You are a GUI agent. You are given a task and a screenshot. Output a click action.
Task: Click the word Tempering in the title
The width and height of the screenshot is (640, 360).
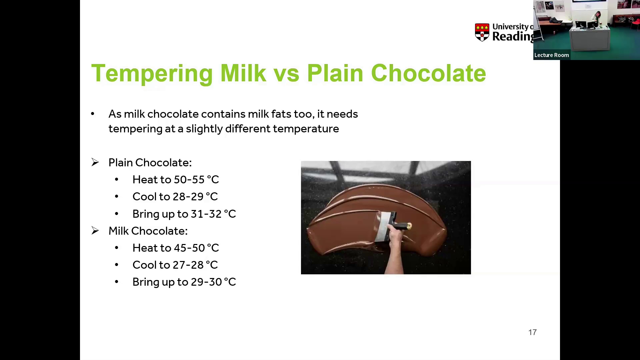pos(152,73)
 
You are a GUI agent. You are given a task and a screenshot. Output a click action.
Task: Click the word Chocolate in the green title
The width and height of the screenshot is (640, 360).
pos(428,73)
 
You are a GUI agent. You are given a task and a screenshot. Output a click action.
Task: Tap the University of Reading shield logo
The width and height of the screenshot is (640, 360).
pos(482,32)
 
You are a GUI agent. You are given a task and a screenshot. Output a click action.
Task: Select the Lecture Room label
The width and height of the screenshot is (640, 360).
pos(552,55)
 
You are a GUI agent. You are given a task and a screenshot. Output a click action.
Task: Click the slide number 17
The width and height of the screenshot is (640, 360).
pos(532,332)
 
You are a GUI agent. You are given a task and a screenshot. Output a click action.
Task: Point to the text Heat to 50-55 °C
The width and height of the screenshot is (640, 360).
pos(176,180)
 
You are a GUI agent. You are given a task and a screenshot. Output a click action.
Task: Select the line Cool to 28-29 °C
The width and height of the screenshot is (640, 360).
pos(175,197)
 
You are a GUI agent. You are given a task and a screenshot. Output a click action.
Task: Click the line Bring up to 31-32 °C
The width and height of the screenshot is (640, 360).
pos(184,214)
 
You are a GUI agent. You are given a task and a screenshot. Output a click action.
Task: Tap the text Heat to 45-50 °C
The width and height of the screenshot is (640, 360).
pos(176,248)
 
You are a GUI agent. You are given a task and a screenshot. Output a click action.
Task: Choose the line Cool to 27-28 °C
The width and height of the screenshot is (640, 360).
pos(175,265)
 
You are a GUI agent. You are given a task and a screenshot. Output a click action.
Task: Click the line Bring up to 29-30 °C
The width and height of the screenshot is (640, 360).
pos(184,282)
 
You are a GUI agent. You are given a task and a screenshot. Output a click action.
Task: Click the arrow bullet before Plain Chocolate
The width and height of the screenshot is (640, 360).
pos(95,163)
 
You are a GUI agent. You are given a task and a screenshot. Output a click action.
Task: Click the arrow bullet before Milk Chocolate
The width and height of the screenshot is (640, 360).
pos(95,231)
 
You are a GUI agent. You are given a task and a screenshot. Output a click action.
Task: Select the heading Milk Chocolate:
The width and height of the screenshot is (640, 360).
pos(148,231)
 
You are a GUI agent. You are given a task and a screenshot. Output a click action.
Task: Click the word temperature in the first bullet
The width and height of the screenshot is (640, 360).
pos(306,129)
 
